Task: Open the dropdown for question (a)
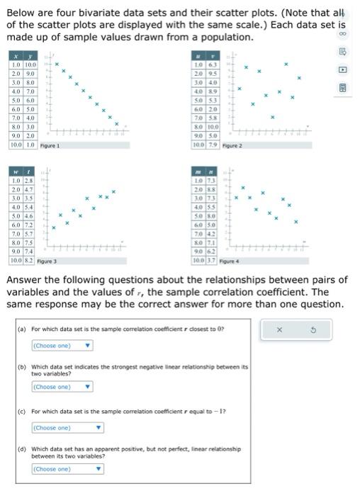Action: pyautogui.click(x=62, y=346)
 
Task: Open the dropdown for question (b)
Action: pyautogui.click(x=62, y=387)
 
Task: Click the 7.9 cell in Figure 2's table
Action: pyautogui.click(x=213, y=145)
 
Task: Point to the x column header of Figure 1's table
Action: pyautogui.click(x=15, y=56)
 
